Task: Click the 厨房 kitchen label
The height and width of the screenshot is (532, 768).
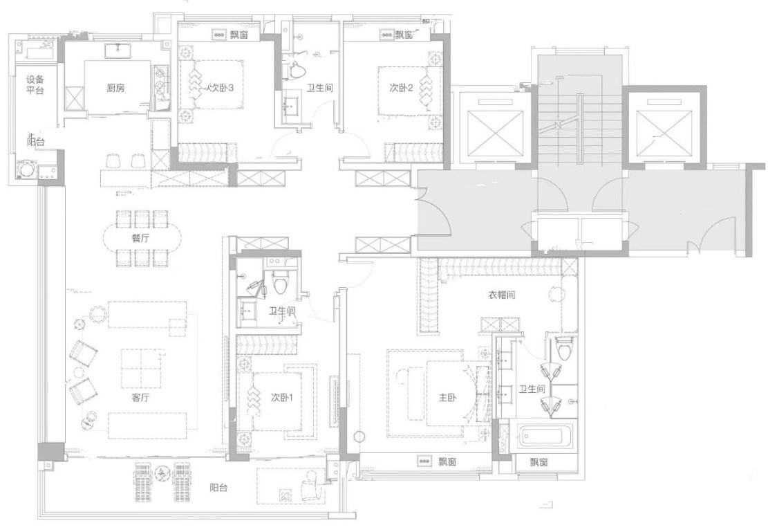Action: pyautogui.click(x=115, y=89)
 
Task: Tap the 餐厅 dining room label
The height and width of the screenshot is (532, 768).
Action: pyautogui.click(x=140, y=239)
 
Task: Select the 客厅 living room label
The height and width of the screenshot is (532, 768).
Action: pyautogui.click(x=140, y=398)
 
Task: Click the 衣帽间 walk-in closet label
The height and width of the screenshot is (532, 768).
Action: pyautogui.click(x=502, y=295)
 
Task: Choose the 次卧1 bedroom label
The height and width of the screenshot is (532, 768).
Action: pyautogui.click(x=281, y=398)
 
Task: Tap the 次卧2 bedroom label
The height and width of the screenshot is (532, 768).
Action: pyautogui.click(x=401, y=89)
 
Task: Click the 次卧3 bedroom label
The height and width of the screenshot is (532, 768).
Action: pyautogui.click(x=221, y=89)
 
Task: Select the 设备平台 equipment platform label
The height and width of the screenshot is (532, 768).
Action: pyautogui.click(x=35, y=85)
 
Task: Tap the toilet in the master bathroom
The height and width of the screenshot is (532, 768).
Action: pyautogui.click(x=564, y=349)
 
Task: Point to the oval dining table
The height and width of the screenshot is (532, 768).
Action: pyautogui.click(x=141, y=238)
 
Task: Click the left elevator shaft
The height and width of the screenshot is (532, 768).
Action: pyautogui.click(x=495, y=132)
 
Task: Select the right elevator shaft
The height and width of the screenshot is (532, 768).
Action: pyautogui.click(x=664, y=132)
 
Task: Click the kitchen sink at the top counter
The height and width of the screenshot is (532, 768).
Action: pyautogui.click(x=118, y=51)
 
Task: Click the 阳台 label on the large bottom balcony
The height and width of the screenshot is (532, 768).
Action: pyautogui.click(x=218, y=488)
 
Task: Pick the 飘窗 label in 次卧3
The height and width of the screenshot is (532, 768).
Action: pyautogui.click(x=238, y=35)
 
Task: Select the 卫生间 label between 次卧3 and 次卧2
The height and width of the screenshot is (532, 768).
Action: pyautogui.click(x=320, y=89)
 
